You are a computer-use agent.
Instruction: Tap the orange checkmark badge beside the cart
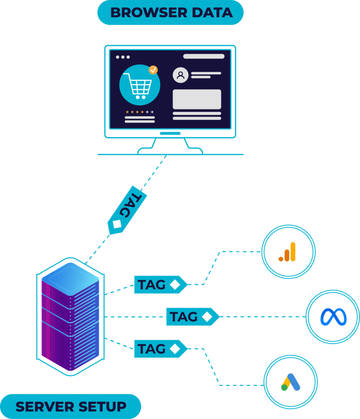(x=153, y=70)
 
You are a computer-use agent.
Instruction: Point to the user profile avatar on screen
(x=180, y=75)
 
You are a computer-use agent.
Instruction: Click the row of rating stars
(x=140, y=112)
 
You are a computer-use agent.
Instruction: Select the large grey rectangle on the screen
(x=197, y=99)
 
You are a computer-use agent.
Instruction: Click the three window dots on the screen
(x=123, y=57)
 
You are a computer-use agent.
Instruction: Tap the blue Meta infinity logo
(x=333, y=317)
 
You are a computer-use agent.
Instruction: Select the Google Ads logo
(x=290, y=382)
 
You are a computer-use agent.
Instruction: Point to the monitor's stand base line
(x=170, y=154)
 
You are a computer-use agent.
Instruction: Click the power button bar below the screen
(x=170, y=133)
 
